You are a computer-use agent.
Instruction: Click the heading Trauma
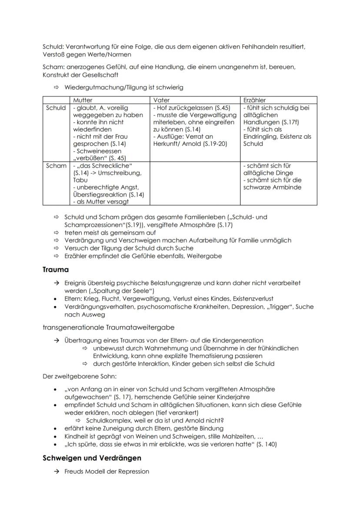coord(56,269)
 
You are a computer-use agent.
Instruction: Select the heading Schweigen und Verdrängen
coord(92,458)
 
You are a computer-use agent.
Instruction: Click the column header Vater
coord(161,100)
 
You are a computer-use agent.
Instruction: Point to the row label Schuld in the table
coord(56,108)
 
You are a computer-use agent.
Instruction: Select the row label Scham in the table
coord(56,166)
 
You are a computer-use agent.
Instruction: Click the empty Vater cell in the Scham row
coord(195,183)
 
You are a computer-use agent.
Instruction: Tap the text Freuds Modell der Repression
coord(107,471)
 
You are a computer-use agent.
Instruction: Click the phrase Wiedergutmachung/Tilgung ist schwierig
coord(124,87)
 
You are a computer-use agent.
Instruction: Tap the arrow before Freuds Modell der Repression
coord(56,471)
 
